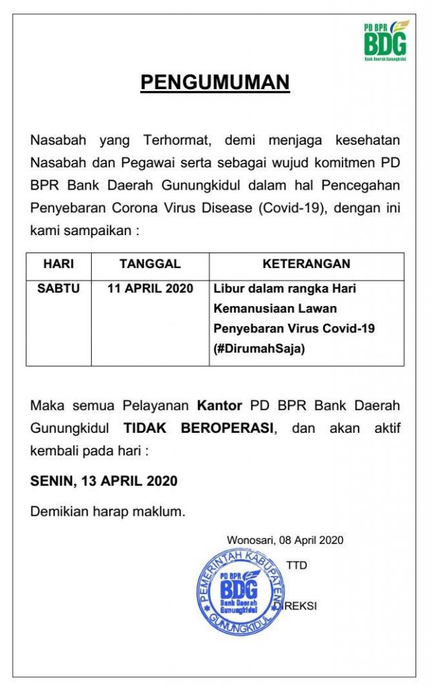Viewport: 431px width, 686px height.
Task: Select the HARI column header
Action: (x=58, y=264)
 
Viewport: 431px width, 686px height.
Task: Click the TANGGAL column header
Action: (x=150, y=264)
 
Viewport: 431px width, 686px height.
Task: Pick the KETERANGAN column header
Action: (x=306, y=264)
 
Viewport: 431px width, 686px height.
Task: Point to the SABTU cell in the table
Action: (x=58, y=289)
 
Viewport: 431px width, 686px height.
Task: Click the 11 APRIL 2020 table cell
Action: (x=150, y=289)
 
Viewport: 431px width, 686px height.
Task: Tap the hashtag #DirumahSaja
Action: (x=259, y=349)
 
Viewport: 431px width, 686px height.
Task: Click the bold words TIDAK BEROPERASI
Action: (x=198, y=428)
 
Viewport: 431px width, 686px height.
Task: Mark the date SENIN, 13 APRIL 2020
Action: (x=104, y=481)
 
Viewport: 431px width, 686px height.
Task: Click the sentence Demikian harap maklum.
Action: (x=107, y=512)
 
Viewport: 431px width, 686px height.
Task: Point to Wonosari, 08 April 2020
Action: (x=285, y=539)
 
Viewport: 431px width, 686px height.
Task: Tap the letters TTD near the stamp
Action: (x=296, y=565)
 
